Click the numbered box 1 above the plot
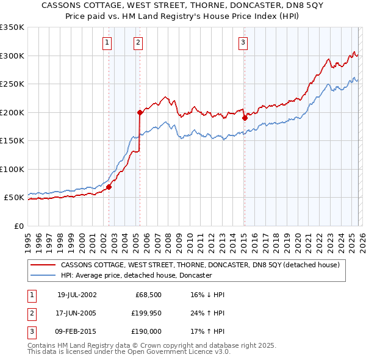tap(107, 42)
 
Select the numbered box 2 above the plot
tap(138, 42)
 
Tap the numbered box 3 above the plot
tap(243, 42)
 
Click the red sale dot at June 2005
tap(140, 112)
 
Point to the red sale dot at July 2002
tap(109, 187)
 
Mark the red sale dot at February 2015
tap(244, 118)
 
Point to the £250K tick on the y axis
tap(12, 84)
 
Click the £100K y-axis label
tap(12, 169)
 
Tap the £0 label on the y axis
tap(18, 226)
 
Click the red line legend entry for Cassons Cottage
tap(204, 265)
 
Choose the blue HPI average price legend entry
tap(136, 275)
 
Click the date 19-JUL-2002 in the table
tap(77, 294)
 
